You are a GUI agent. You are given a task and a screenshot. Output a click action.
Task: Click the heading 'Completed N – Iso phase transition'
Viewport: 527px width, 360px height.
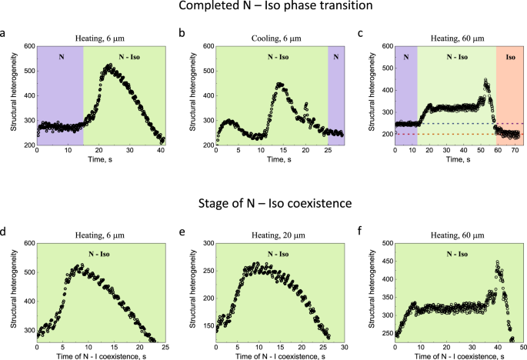coord(264,8)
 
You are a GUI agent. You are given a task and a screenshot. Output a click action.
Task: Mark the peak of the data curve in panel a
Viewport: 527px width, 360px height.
coord(109,65)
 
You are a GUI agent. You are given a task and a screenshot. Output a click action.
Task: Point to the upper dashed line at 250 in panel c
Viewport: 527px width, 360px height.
coord(462,123)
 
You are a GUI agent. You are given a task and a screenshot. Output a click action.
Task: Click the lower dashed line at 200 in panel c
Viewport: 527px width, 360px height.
coord(462,134)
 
